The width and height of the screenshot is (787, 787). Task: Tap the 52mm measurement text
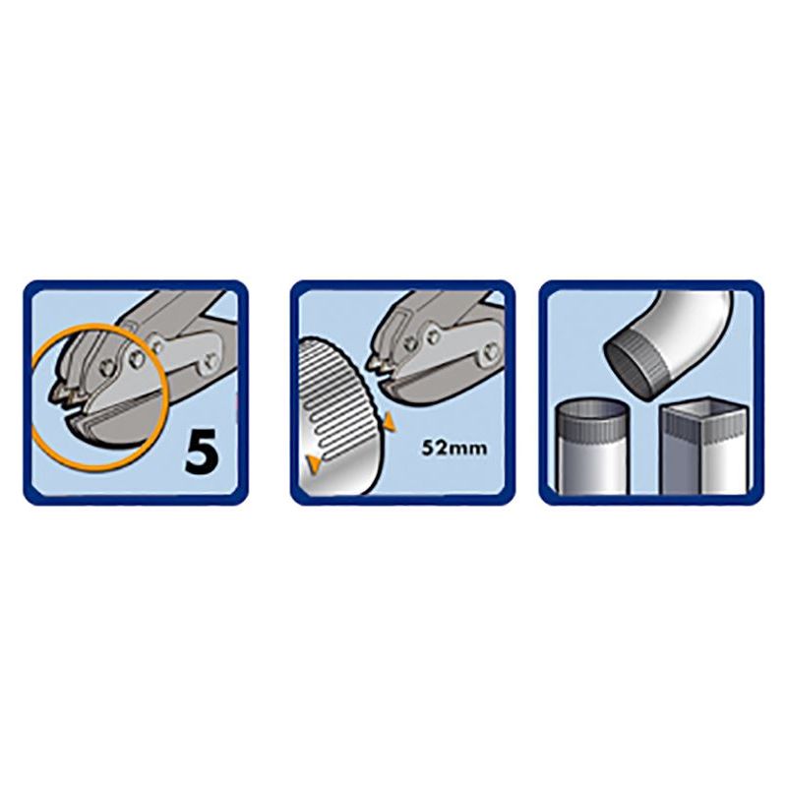click(x=454, y=448)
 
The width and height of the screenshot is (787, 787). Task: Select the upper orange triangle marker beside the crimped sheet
click(x=390, y=423)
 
